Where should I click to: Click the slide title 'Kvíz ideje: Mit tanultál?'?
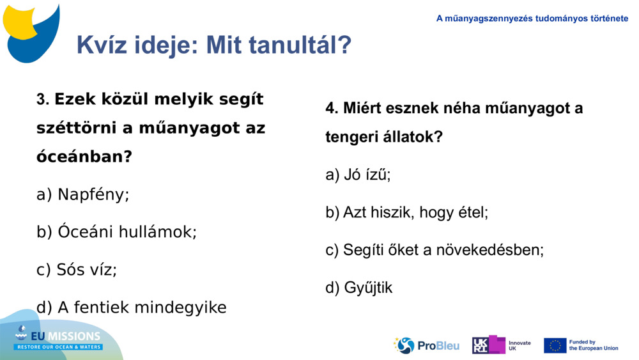tap(213, 45)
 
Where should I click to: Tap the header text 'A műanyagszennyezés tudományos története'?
tap(532, 19)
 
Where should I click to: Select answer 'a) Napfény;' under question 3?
tap(83, 194)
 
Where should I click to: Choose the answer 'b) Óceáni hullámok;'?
tap(116, 232)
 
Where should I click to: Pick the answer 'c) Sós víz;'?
tap(77, 270)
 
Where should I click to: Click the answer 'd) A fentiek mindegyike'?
tap(132, 308)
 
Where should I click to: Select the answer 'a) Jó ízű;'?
tap(358, 175)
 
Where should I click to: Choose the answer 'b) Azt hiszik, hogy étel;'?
tap(406, 212)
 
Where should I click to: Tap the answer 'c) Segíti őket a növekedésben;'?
tap(435, 250)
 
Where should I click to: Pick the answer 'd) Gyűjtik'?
tap(359, 288)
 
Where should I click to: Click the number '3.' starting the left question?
tap(43, 100)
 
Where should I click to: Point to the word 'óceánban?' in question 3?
tap(84, 156)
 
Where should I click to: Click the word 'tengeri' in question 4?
tap(350, 137)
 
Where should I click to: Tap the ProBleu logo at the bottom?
tap(426, 345)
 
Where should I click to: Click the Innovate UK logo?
tap(502, 345)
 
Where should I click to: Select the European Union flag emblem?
tap(555, 345)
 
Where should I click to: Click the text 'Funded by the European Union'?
tap(593, 345)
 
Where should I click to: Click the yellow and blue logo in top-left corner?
tap(32, 31)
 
